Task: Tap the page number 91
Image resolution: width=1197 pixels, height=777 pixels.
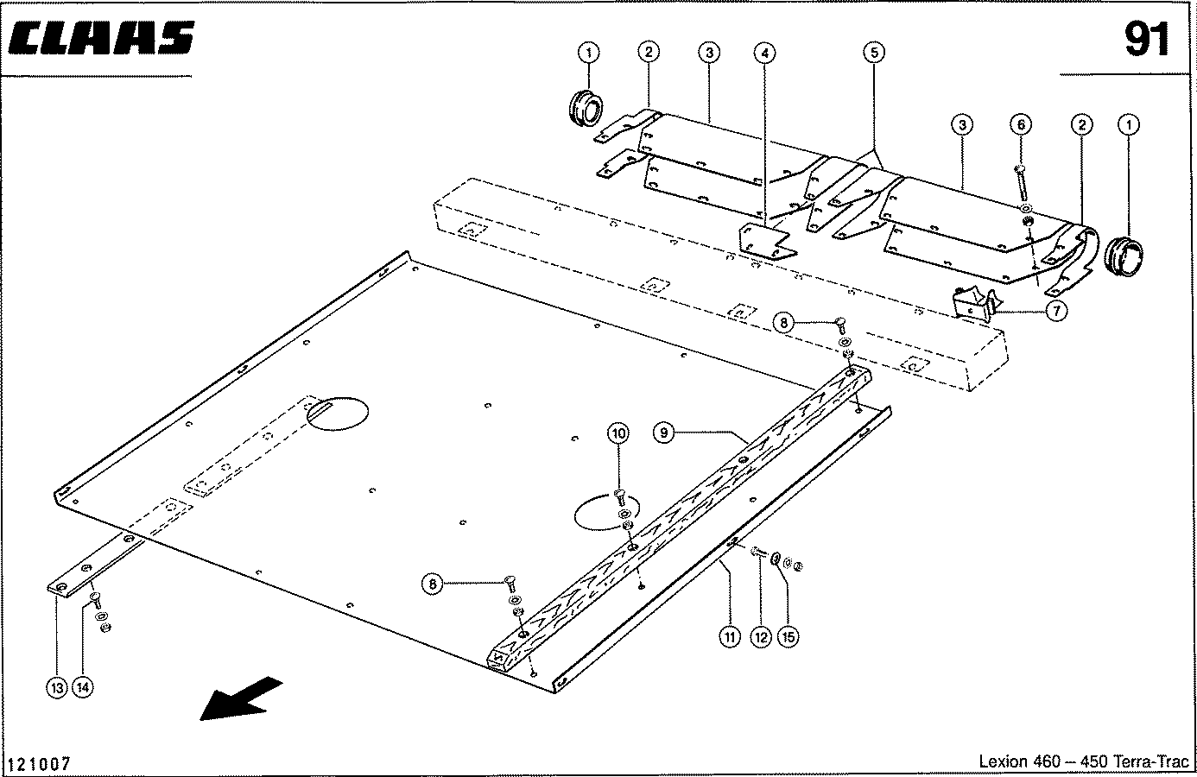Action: pos(1146,39)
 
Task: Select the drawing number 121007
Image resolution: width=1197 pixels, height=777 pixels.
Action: pos(39,764)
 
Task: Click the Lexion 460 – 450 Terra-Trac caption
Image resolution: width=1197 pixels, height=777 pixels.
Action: pos(1083,761)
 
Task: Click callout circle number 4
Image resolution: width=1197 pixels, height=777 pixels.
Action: pos(763,53)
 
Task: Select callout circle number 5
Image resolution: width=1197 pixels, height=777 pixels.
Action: pos(874,53)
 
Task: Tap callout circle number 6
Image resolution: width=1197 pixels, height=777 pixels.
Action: pos(1020,125)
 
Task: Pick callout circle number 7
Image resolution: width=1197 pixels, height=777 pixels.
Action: pos(1056,311)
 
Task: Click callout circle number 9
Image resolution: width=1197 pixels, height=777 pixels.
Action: pos(662,433)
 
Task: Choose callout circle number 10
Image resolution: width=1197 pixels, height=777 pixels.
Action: pos(617,433)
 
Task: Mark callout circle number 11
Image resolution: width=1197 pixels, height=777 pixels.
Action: pos(730,637)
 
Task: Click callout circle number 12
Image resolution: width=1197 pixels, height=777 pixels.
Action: pos(760,637)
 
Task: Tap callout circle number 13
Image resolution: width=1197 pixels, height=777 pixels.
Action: pos(56,688)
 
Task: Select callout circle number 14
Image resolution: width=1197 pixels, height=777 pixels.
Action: pos(84,688)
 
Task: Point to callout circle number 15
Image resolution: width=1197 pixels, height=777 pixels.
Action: pos(788,637)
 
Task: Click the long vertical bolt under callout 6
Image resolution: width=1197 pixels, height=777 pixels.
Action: pos(1022,183)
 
